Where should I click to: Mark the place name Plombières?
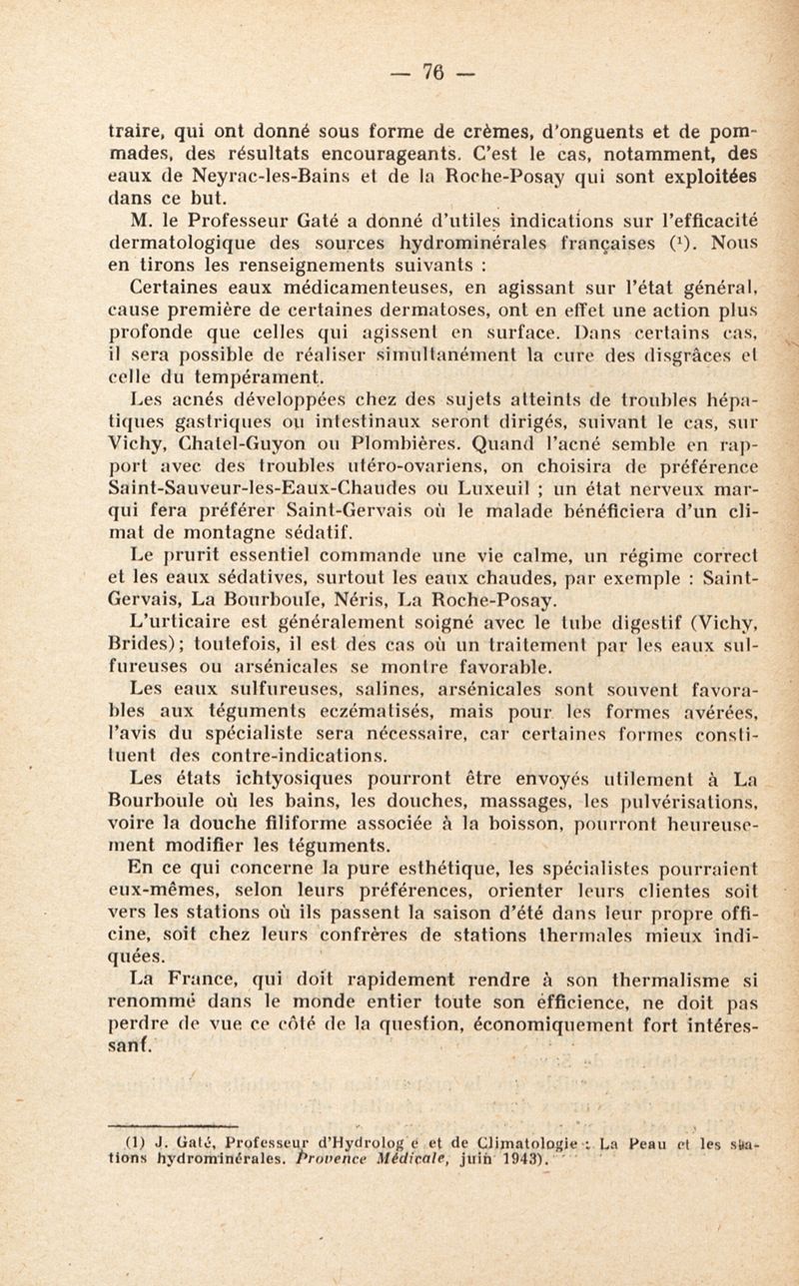click(368, 475)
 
